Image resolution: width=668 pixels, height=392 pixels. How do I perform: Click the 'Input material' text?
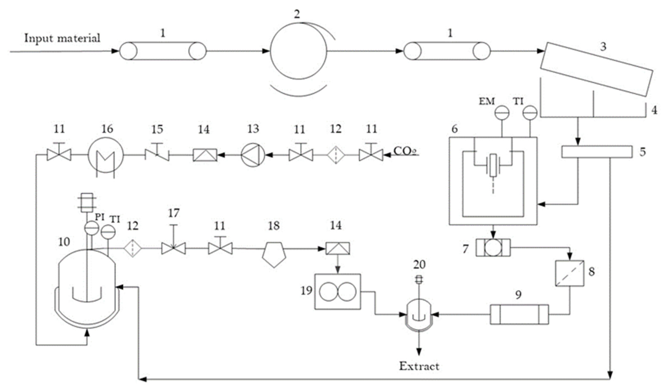pos(62,38)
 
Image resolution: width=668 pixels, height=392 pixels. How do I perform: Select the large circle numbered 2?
pos(299,51)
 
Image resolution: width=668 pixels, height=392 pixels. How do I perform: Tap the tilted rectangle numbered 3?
pos(596,69)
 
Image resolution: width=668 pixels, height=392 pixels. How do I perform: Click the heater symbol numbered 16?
pos(106,155)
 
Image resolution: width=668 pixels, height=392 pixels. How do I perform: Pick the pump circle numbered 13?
pos(253,155)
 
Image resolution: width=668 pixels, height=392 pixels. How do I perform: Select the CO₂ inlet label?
pos(405,151)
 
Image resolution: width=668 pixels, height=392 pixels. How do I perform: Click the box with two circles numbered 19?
pos(337,291)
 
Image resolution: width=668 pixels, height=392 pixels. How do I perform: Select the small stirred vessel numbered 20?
pos(419,315)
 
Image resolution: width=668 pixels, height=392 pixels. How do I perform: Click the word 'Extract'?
pos(419,366)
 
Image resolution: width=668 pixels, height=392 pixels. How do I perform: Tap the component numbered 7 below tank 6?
pos(493,248)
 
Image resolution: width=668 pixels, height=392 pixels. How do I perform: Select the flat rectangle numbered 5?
pos(596,152)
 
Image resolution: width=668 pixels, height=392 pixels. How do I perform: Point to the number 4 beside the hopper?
pos(654,110)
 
